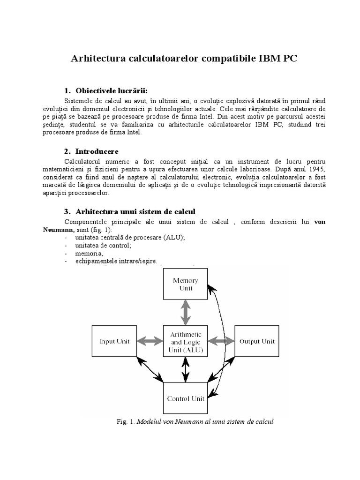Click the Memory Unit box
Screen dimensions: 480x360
coord(186,284)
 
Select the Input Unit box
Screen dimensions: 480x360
coord(114,342)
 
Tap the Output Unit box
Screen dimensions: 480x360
coord(257,342)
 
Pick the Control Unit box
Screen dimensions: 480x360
coord(186,399)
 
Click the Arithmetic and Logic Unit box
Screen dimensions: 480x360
coord(186,342)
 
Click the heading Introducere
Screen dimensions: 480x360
coord(97,151)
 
